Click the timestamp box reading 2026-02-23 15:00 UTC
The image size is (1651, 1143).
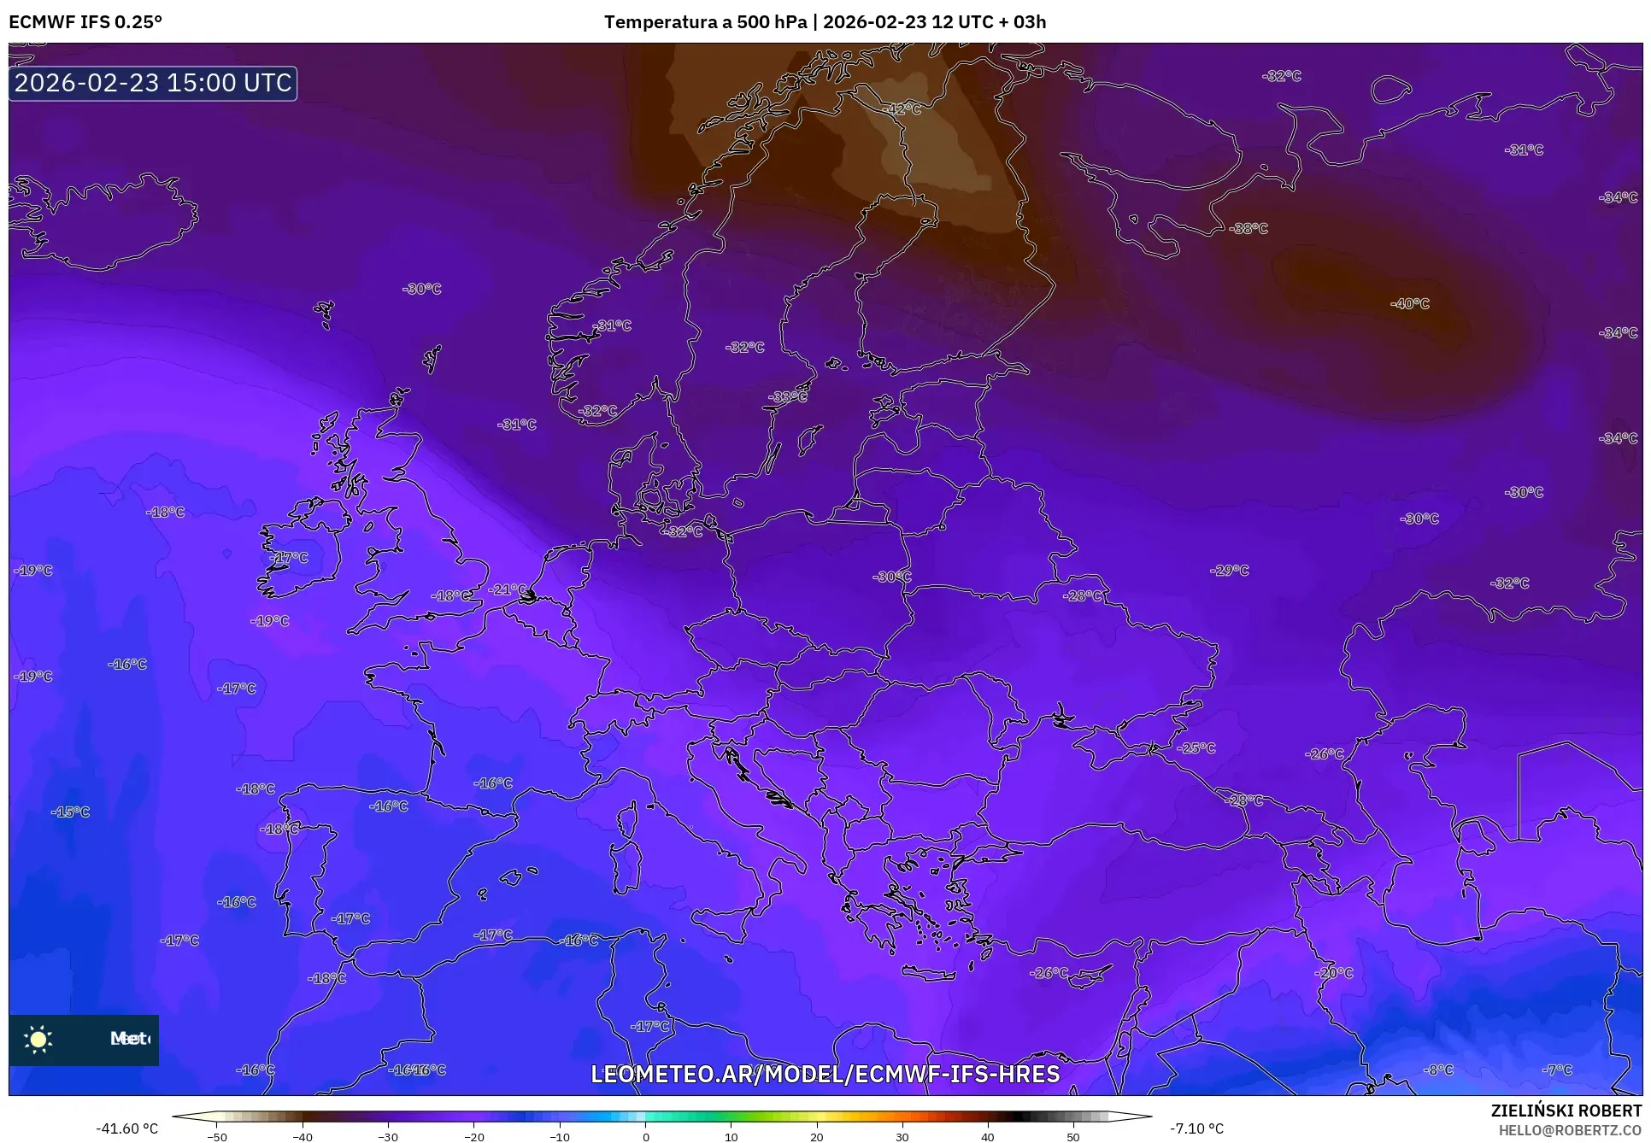tap(153, 83)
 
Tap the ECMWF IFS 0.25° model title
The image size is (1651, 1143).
tap(85, 21)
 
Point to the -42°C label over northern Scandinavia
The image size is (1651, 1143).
tap(902, 109)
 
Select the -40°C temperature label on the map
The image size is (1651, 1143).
tap(1409, 303)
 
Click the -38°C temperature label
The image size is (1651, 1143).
tap(1248, 228)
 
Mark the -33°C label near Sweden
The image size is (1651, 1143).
tap(787, 396)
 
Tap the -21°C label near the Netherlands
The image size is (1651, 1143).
tap(508, 589)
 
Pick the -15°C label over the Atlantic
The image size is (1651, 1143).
tap(70, 812)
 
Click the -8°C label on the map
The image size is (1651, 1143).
tap(1438, 1070)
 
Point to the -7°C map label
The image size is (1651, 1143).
tap(1557, 1070)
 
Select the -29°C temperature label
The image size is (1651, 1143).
tap(1229, 570)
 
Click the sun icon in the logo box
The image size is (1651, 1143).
tap(38, 1039)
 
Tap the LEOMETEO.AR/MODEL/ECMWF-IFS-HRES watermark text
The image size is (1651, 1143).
tap(825, 1074)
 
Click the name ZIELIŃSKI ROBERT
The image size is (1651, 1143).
tap(1566, 1111)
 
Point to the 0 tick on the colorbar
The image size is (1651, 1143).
tap(645, 1136)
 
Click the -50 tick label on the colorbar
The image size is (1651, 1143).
tap(217, 1136)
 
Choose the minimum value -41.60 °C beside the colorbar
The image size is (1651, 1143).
tap(126, 1128)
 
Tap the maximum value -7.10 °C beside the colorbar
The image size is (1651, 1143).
tap(1196, 1128)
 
